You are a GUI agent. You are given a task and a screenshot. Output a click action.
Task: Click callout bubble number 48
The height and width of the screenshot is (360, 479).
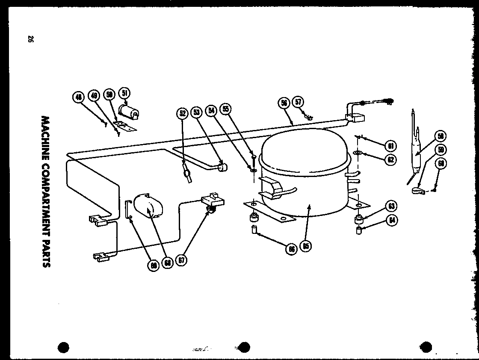(x=78, y=97)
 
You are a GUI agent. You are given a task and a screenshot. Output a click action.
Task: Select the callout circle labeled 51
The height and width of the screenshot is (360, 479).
(x=125, y=93)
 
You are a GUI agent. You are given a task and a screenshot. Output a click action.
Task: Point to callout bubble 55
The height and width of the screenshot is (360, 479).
(x=226, y=109)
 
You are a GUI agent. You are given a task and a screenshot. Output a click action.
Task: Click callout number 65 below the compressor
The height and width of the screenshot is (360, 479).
(x=305, y=245)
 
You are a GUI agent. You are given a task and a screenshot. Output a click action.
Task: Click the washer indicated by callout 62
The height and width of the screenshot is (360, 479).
(x=357, y=153)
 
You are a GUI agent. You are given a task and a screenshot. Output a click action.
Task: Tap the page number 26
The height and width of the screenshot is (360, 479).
(x=30, y=39)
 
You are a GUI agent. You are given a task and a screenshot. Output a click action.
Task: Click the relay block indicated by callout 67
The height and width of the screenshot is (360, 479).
(x=210, y=201)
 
